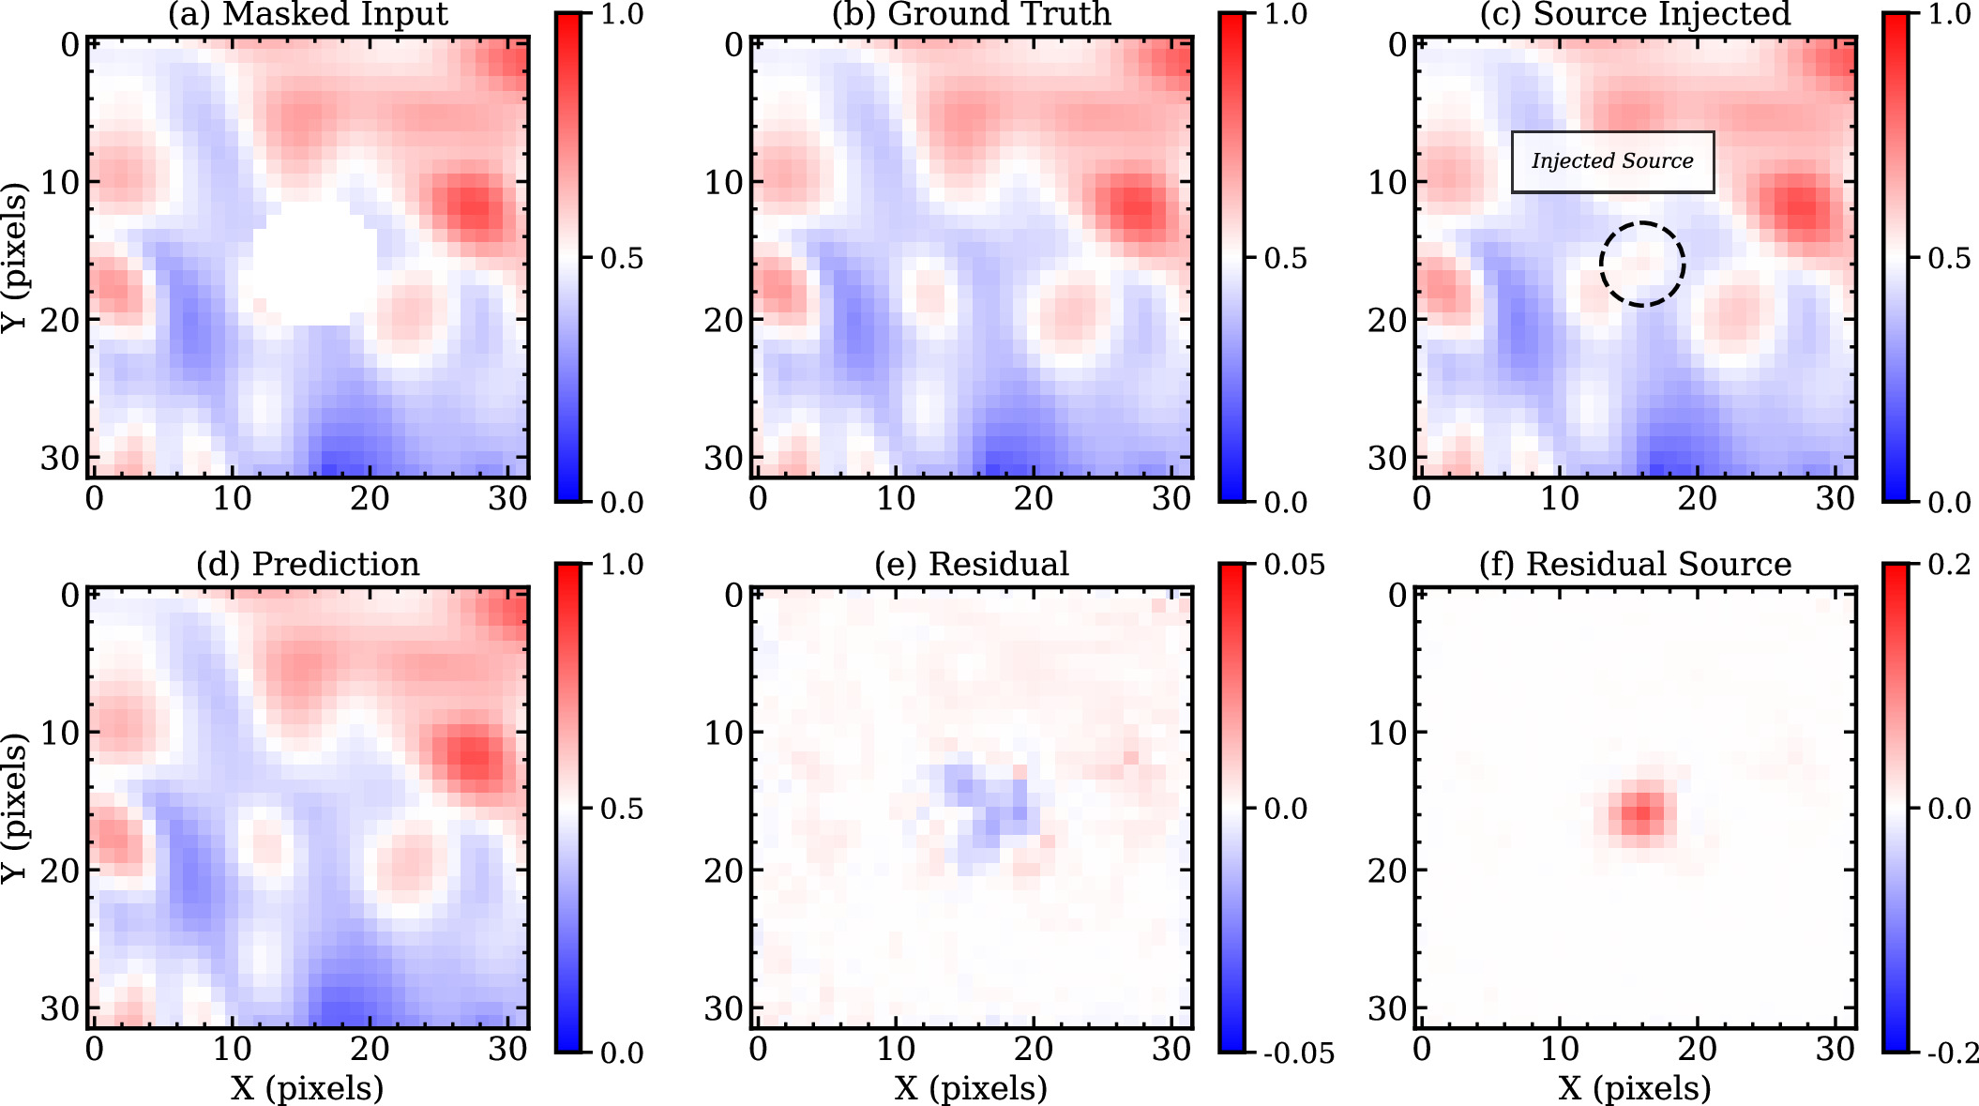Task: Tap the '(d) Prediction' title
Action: (308, 564)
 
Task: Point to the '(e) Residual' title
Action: (972, 564)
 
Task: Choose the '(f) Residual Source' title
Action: (1635, 564)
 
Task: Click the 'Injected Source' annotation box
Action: (1612, 161)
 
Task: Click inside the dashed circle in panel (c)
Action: (1642, 264)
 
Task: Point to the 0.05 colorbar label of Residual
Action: (1294, 566)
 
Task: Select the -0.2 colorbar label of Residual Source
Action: (1953, 1053)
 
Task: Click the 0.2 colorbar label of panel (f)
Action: (1949, 565)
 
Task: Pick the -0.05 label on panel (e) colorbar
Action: (1298, 1053)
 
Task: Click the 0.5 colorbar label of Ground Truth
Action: (1285, 259)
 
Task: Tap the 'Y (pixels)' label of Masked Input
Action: (14, 258)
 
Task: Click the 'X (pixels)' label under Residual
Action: (971, 1088)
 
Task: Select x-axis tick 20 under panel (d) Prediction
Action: (370, 1049)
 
